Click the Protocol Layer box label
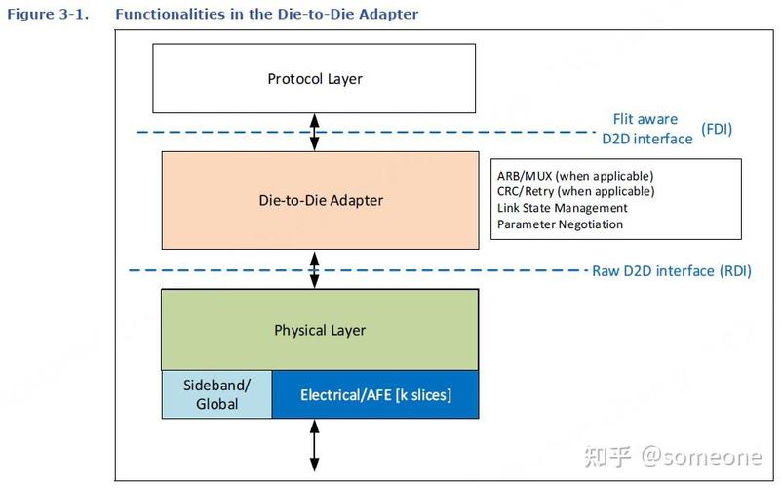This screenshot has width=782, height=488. (315, 79)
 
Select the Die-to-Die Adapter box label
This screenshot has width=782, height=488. (321, 200)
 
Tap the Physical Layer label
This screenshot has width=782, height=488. (320, 330)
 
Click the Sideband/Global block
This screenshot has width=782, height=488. (216, 394)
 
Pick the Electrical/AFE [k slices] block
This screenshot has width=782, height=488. (375, 394)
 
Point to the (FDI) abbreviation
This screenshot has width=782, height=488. (717, 129)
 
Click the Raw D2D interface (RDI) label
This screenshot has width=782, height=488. (671, 271)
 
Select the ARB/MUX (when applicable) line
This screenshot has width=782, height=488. (575, 176)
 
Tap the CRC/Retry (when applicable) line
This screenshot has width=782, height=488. (575, 191)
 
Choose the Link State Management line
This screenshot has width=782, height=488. (562, 208)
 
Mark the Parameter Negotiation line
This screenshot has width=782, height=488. (560, 224)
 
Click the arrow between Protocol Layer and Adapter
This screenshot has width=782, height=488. (314, 132)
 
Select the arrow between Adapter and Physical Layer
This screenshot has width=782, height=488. (314, 270)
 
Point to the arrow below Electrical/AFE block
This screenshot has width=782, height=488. (314, 445)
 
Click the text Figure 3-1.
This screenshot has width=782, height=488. (48, 14)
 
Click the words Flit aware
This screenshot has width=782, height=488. (645, 119)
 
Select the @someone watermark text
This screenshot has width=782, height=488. (701, 456)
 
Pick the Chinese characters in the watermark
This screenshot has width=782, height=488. (607, 456)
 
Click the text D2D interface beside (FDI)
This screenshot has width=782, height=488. (647, 139)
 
